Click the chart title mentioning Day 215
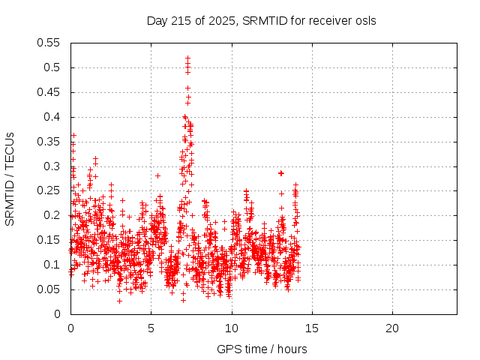[x=261, y=20]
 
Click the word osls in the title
[x=364, y=20]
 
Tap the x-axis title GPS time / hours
[x=262, y=349]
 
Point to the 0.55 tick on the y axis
[x=49, y=43]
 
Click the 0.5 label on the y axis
[x=52, y=67]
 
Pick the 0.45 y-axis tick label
[x=49, y=92]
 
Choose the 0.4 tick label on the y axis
[x=52, y=117]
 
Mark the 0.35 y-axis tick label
[x=49, y=142]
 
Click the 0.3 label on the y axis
[x=52, y=166]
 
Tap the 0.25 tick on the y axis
[x=49, y=190]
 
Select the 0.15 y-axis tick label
[x=49, y=240]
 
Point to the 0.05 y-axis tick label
[x=49, y=289]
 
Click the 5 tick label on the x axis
[x=151, y=328]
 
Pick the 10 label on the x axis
[x=232, y=328]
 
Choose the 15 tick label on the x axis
[x=312, y=328]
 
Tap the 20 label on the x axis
[x=392, y=328]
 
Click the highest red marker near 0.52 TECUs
[x=187, y=58]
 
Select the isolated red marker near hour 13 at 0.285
[x=281, y=173]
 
